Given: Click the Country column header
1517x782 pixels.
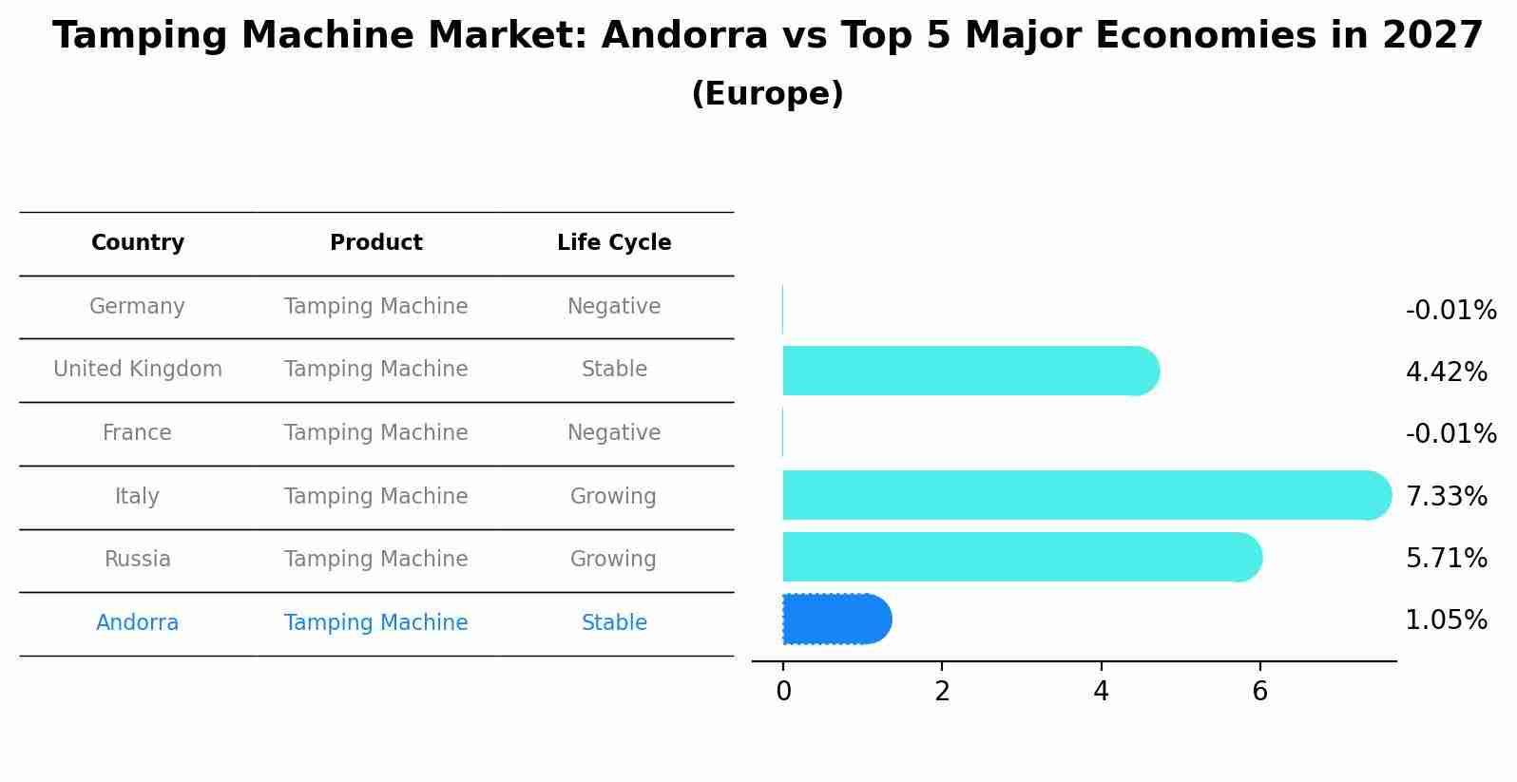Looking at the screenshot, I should click(x=138, y=243).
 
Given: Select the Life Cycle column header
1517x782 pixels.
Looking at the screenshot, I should click(x=614, y=243).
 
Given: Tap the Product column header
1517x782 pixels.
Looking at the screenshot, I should click(x=375, y=243).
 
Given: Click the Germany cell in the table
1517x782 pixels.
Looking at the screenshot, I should click(x=137, y=307).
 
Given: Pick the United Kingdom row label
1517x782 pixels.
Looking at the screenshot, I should click(x=138, y=370).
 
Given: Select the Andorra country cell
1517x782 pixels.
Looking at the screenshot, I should click(x=137, y=623).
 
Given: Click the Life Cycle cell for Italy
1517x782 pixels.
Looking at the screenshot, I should click(x=613, y=497).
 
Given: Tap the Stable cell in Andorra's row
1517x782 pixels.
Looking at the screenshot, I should click(x=614, y=623).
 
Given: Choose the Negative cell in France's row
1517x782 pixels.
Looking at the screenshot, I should click(x=614, y=433).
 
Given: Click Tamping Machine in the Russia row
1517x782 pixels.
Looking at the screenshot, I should click(x=375, y=560).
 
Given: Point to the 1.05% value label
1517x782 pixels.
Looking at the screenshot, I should click(x=1446, y=620).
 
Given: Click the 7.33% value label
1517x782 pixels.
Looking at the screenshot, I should click(x=1446, y=496).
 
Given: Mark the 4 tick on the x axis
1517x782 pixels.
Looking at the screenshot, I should click(x=1101, y=692).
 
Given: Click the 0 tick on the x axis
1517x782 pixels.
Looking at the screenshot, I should click(x=783, y=692).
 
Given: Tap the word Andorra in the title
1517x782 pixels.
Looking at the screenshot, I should click(x=684, y=37).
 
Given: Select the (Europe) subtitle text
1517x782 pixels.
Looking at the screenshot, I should click(x=767, y=94).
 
